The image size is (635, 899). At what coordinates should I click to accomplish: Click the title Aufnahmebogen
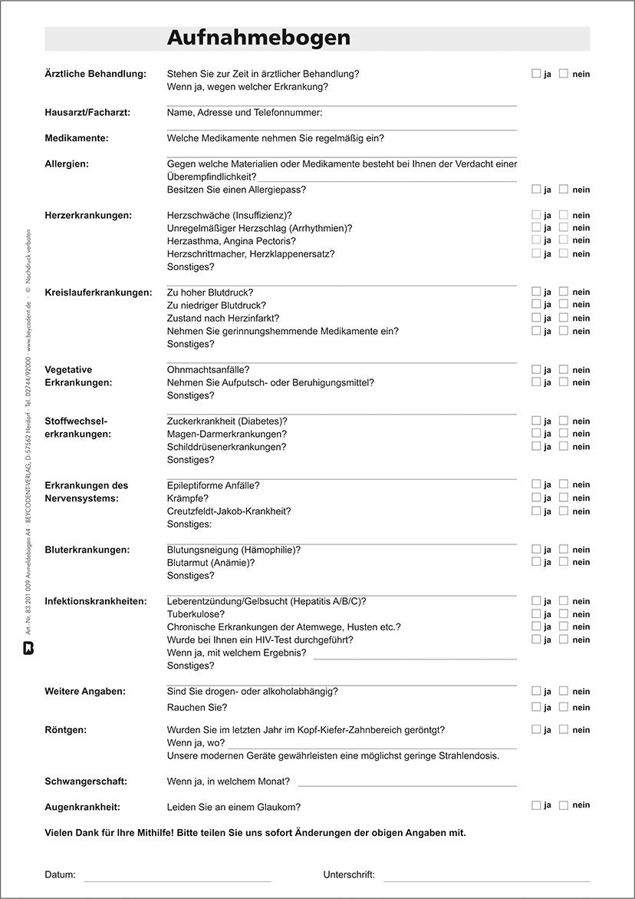(x=258, y=38)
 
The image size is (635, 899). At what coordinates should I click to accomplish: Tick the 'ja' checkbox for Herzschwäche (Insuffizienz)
(x=536, y=215)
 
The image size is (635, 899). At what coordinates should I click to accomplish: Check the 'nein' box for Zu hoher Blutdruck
(x=564, y=292)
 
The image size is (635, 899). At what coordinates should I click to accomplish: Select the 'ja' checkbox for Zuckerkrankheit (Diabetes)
(x=536, y=421)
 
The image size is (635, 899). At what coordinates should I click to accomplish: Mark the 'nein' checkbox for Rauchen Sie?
(x=564, y=707)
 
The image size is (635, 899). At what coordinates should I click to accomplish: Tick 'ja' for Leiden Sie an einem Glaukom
(x=536, y=805)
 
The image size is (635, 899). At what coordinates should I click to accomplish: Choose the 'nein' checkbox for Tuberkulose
(x=564, y=614)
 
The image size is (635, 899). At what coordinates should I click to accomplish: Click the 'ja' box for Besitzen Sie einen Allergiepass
(x=536, y=189)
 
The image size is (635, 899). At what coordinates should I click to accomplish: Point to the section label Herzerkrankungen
(x=88, y=216)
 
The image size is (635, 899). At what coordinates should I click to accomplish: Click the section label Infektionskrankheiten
(x=96, y=601)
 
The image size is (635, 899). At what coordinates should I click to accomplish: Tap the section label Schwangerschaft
(x=86, y=782)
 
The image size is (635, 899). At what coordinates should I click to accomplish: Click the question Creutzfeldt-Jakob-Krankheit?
(x=229, y=511)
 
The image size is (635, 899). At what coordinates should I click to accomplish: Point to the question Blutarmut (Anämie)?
(x=211, y=563)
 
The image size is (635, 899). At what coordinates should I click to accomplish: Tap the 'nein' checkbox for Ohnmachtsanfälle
(x=564, y=369)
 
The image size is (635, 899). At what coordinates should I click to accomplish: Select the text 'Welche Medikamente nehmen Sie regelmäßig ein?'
(x=275, y=139)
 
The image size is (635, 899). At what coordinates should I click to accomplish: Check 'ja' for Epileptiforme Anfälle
(x=536, y=484)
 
